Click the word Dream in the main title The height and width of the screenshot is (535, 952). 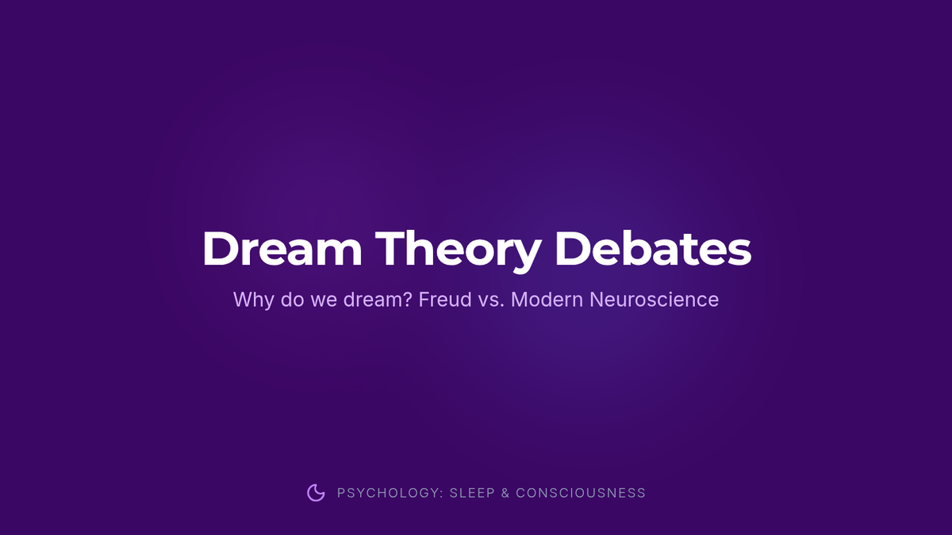pos(282,248)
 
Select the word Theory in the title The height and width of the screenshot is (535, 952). pos(459,251)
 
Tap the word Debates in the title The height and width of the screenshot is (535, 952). pos(653,248)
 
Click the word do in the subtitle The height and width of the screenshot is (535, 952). pos(292,300)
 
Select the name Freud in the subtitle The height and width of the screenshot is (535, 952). pos(445,300)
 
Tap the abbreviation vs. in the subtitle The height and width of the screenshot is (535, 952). pos(492,301)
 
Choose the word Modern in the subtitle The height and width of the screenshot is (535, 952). pos(547,300)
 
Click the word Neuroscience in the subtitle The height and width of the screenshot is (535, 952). pos(654,300)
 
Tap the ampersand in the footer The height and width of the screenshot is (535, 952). pos(505,493)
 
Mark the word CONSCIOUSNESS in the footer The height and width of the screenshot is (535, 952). pos(581,493)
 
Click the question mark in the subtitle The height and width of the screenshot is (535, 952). pos(407,300)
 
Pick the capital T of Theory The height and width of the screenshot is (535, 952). pos(391,248)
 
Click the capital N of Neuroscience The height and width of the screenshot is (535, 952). pos(597,300)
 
